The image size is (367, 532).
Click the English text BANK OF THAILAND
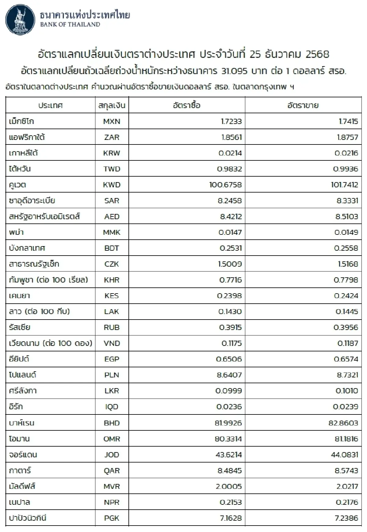click(x=70, y=25)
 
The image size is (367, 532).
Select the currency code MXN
click(x=112, y=122)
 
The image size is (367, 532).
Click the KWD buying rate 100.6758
click(x=225, y=185)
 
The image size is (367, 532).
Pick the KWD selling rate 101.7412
click(x=344, y=185)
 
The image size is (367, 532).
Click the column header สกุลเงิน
click(x=112, y=106)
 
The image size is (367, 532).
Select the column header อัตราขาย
click(x=303, y=106)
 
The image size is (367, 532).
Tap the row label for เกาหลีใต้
click(x=24, y=153)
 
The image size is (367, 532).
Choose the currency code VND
click(x=112, y=343)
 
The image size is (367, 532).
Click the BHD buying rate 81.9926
click(x=228, y=423)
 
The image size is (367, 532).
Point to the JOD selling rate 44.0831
click(x=344, y=455)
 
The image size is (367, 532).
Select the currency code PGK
click(x=112, y=518)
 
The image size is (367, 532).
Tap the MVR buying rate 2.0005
click(x=229, y=486)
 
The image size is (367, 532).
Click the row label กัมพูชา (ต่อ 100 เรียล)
click(x=49, y=280)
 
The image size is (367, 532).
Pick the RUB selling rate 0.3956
click(x=346, y=328)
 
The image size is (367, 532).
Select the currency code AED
click(x=112, y=217)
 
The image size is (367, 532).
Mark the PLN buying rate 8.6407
click(x=229, y=375)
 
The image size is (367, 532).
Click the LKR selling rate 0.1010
click(x=347, y=391)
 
